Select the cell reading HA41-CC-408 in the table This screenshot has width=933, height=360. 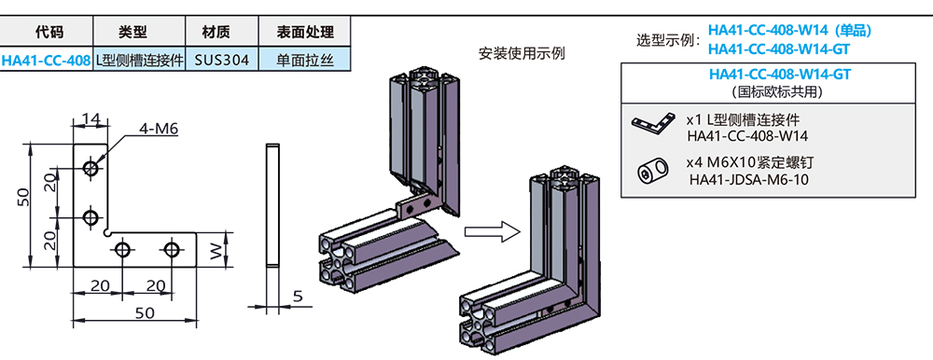47,61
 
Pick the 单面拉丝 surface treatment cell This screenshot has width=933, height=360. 303,61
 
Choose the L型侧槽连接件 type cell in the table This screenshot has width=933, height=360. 140,61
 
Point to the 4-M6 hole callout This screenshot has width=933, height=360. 158,128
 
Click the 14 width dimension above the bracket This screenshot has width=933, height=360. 91,118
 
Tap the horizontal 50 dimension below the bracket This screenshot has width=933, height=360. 146,313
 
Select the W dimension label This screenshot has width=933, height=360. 216,250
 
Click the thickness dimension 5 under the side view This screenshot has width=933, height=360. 298,297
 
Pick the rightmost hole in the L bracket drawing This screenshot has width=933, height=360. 171,249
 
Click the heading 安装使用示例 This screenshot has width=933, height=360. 522,53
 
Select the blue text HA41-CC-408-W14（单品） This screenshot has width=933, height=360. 788,30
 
